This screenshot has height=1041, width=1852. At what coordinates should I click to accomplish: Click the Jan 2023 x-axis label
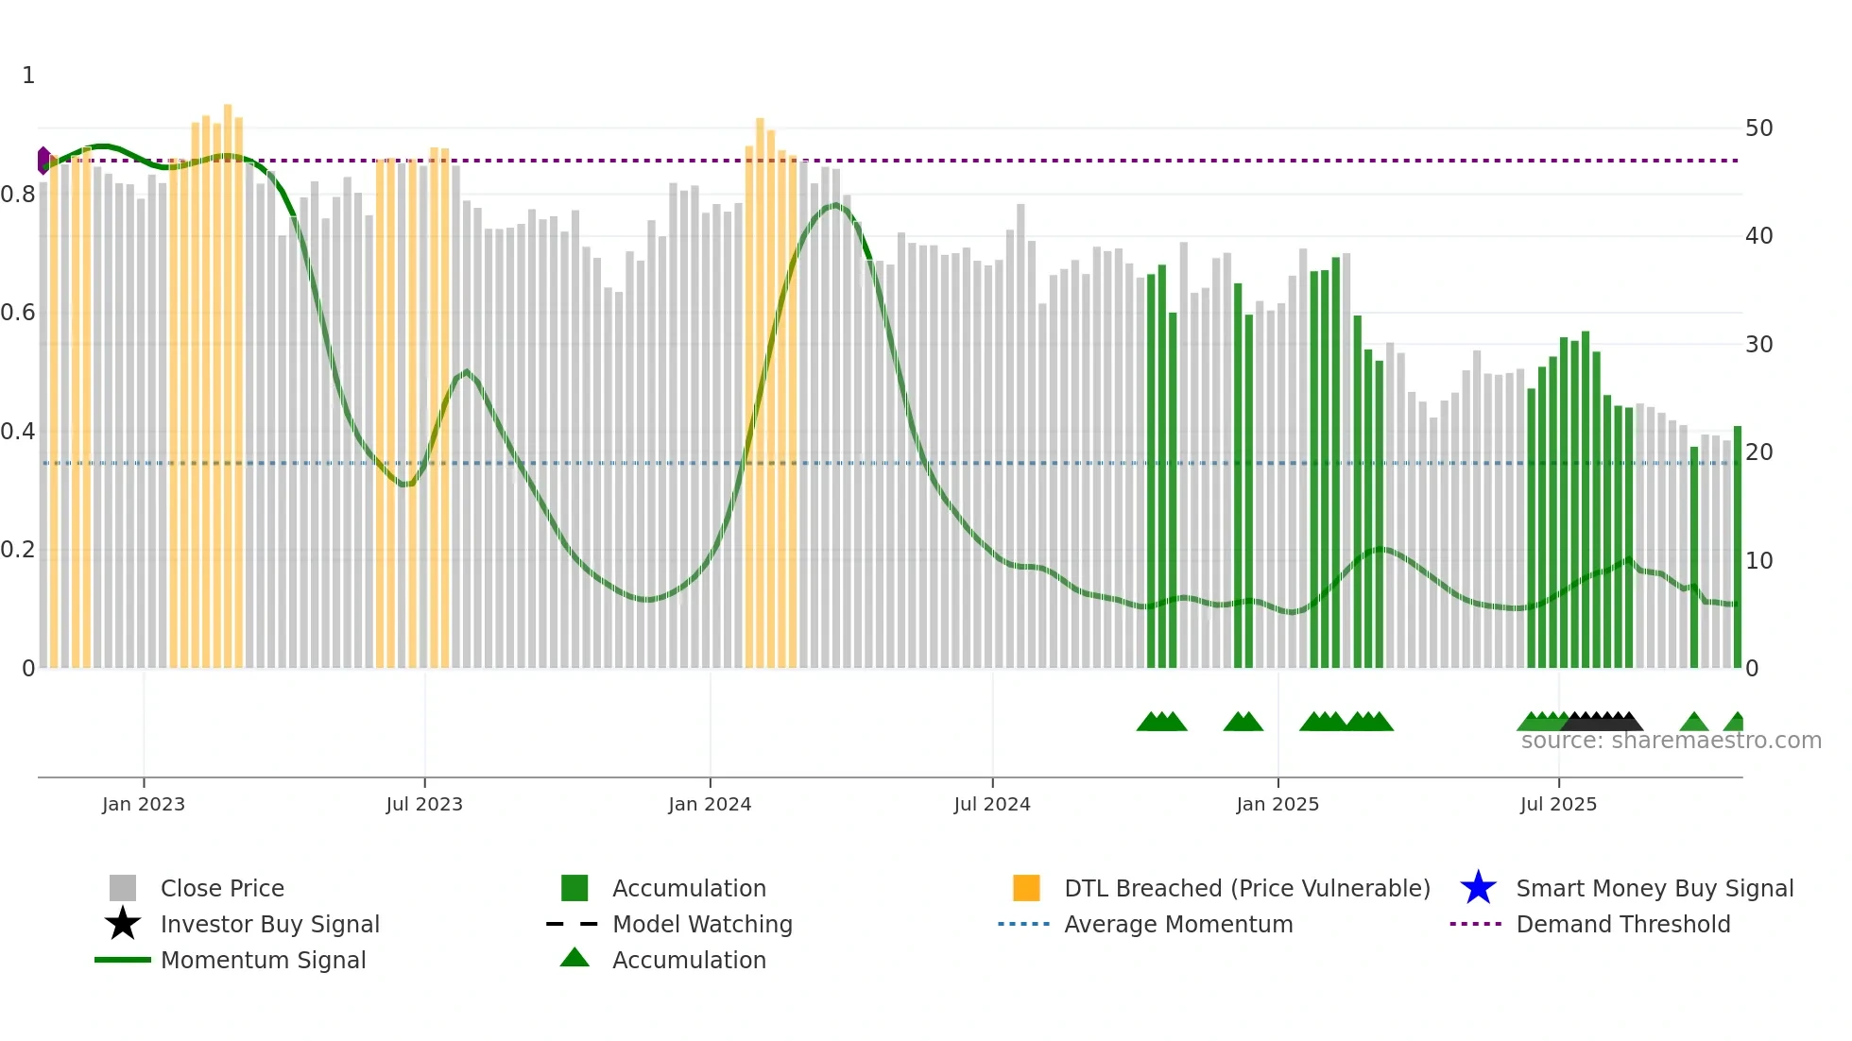pos(144,804)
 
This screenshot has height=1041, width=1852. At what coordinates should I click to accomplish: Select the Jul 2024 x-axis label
pos(991,804)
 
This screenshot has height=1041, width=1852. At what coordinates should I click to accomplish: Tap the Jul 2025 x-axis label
pos(1558,804)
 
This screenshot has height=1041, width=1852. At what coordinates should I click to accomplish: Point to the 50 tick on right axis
pos(1758,128)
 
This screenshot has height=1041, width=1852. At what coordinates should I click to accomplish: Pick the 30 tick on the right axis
pos(1758,345)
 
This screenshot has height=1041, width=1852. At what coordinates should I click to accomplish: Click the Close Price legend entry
pos(222,888)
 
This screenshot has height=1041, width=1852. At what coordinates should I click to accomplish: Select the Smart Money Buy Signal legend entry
pos(1654,888)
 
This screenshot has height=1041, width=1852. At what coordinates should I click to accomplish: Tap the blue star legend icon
pos(1478,888)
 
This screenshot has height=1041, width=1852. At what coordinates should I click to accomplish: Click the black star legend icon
pos(123,924)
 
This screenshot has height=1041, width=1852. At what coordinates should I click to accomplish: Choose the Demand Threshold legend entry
pos(1622,924)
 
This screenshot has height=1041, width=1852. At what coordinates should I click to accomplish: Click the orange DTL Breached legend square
pos(1026,888)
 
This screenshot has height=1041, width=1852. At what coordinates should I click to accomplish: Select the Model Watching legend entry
pos(701,924)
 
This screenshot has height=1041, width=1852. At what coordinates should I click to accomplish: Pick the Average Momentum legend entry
pos(1177,924)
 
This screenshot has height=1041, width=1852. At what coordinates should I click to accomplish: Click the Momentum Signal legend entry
pos(263,960)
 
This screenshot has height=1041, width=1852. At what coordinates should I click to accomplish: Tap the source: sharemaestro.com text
pos(1671,741)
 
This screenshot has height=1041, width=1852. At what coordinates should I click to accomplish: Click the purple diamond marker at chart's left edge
pos(43,161)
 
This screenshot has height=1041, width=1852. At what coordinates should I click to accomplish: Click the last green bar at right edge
pos(1737,548)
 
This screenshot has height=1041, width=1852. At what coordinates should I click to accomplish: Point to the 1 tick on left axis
pos(28,76)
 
